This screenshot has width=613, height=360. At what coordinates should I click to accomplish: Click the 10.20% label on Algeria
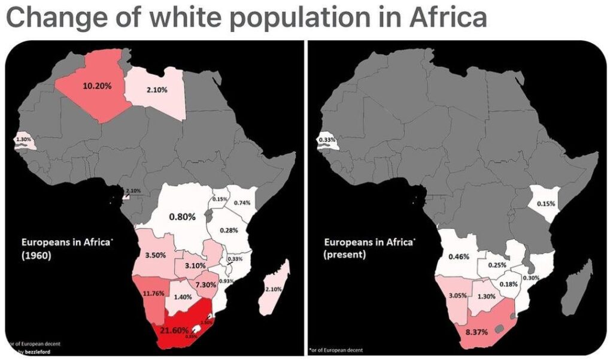point(97,86)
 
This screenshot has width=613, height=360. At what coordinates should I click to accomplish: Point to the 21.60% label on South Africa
point(174,330)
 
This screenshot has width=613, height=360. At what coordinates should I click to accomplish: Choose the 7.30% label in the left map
point(205,285)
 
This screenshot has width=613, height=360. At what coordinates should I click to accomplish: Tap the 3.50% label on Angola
point(156,255)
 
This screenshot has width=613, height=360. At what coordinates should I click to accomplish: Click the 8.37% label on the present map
point(477,331)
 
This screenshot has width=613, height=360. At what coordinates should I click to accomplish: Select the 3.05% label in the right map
point(457,296)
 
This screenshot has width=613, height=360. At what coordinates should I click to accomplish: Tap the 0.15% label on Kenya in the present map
point(546,204)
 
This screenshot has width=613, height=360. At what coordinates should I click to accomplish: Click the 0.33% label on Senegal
point(326,140)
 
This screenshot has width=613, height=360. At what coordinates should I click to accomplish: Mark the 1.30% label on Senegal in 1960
point(22,140)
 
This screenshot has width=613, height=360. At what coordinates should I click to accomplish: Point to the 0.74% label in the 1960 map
point(241,202)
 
